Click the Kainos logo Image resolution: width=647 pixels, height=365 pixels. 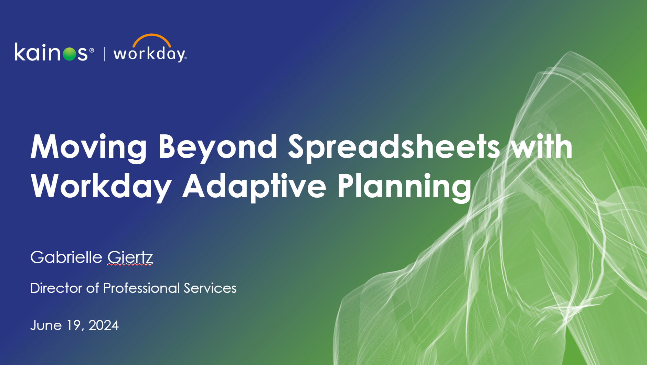pos(54,52)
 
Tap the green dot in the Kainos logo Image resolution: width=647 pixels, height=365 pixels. pos(70,54)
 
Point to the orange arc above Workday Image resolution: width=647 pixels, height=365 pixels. pos(152,38)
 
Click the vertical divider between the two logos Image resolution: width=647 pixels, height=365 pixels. pos(105,54)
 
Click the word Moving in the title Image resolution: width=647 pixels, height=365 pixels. pos(89,147)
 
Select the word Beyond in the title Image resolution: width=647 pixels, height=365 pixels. pos(218,147)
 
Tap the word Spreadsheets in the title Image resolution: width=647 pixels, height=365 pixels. pos(394,147)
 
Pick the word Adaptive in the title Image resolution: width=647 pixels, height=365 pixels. pos(254,186)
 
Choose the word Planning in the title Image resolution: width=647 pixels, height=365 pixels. pos(404,186)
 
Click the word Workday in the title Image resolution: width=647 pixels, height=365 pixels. pos(101,186)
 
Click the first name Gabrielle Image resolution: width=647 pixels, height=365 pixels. pos(66,257)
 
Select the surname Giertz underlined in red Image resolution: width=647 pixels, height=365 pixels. pos(130,257)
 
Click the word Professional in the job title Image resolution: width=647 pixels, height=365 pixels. pos(141,288)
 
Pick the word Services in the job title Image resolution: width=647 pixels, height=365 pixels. pos(210,288)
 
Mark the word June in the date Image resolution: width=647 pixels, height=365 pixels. pos(46,325)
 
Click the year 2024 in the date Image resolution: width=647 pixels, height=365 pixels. pos(104,325)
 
